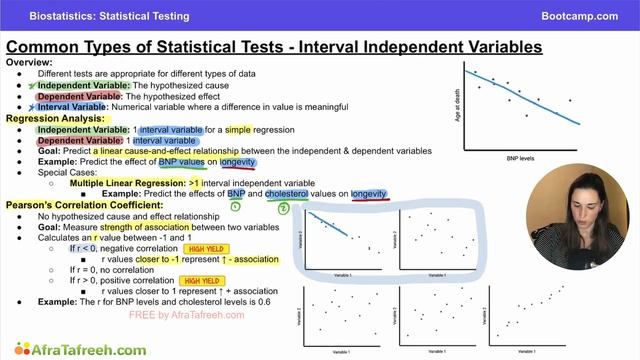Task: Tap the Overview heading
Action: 30,63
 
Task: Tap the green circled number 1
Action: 236,207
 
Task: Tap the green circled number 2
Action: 283,208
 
